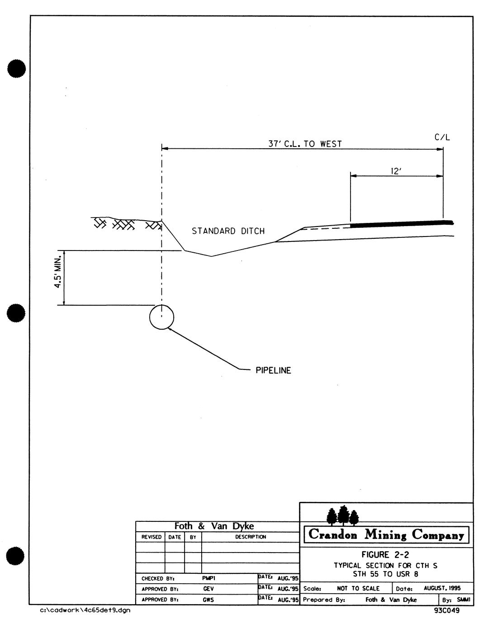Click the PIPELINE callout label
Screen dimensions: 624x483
point(273,371)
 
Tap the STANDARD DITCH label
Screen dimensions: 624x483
point(228,231)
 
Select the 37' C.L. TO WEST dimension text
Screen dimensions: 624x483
point(305,144)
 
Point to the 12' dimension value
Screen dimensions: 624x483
point(396,171)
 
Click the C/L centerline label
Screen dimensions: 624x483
point(442,137)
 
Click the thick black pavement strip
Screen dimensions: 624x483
point(401,223)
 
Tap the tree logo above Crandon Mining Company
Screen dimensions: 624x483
point(342,515)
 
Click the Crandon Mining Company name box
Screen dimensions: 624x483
point(386,535)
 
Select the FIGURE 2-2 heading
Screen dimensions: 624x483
point(386,555)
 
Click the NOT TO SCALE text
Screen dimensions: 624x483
point(358,589)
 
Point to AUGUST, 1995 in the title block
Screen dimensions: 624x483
point(442,588)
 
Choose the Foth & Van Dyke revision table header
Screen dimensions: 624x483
point(214,526)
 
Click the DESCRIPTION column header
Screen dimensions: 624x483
point(251,537)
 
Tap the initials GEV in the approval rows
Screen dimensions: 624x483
point(208,589)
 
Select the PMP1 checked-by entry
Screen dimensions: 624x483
point(208,578)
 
